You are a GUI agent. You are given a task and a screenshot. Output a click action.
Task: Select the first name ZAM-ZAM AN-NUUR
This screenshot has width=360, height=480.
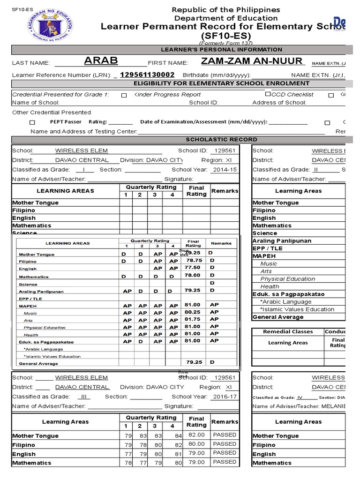[x=252, y=61]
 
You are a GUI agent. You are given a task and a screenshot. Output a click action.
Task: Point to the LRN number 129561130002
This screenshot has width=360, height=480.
[x=147, y=75]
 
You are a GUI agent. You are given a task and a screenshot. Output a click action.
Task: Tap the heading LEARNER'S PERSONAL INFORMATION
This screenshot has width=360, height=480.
[x=221, y=49]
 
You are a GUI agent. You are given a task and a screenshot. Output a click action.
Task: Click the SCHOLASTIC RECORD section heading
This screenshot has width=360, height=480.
[x=221, y=139]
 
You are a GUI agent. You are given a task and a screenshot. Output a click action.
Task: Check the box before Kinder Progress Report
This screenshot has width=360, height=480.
[x=124, y=95]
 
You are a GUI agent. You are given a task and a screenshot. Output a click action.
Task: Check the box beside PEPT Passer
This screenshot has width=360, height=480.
[x=32, y=122]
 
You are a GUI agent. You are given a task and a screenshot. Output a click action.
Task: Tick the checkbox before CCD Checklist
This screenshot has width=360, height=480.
[x=268, y=95]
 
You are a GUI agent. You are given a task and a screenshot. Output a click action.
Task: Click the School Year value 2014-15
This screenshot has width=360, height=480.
[x=225, y=170]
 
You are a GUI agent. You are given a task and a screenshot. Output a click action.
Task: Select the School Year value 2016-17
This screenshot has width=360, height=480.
[x=225, y=396]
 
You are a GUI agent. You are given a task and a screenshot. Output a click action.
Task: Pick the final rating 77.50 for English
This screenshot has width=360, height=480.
[x=193, y=267]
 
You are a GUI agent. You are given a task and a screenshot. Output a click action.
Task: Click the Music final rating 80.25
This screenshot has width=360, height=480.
[x=193, y=312]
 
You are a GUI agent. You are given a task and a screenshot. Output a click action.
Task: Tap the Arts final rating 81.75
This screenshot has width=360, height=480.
[x=193, y=319]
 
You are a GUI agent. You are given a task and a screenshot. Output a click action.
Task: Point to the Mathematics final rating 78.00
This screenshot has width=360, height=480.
[x=193, y=276]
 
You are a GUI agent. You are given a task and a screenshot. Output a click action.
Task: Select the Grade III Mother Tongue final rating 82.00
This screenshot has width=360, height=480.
[x=196, y=435]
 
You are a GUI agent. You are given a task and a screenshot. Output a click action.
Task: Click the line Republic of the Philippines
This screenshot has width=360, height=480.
[x=226, y=10]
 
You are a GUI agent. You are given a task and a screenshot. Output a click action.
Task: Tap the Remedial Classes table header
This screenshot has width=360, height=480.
[x=287, y=331]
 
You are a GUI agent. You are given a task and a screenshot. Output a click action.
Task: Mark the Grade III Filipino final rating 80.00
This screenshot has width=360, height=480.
[x=196, y=444]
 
